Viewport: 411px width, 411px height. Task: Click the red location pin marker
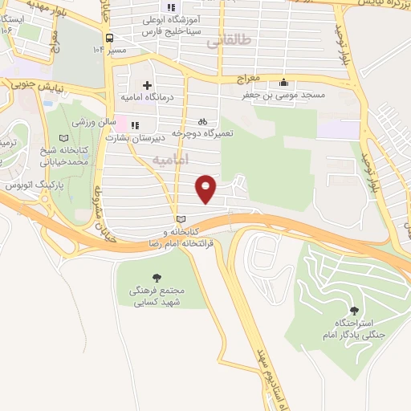point(206,188)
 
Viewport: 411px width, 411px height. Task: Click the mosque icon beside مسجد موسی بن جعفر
point(284,81)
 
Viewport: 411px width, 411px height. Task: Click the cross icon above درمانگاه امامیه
point(146,85)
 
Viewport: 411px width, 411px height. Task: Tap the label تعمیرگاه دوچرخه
point(204,133)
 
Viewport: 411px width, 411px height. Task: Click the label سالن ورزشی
point(91,124)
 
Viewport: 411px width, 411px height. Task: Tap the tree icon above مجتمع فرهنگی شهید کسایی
point(156,277)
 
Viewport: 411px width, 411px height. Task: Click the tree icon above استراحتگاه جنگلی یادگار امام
point(352,309)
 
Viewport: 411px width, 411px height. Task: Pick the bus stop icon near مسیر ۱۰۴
point(109,38)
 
